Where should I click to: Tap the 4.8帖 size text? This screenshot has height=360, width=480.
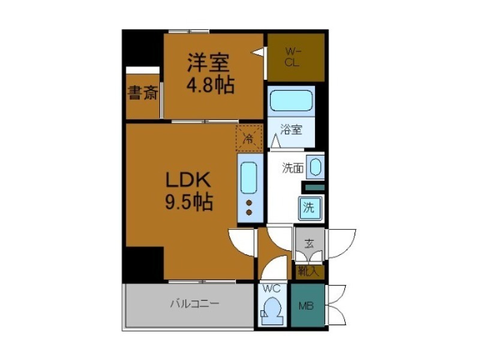210,85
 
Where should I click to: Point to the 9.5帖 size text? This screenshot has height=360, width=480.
188,202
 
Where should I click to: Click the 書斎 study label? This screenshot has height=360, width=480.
142,94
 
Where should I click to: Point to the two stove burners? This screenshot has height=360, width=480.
248,207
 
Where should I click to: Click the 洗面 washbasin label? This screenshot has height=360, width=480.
293,169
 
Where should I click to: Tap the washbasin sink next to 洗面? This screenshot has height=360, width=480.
316,167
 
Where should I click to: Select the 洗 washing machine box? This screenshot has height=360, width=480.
308,209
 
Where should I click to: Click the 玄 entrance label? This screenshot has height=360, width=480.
309,244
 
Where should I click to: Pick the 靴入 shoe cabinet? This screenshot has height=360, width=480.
309,272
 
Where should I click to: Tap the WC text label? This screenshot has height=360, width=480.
272,289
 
